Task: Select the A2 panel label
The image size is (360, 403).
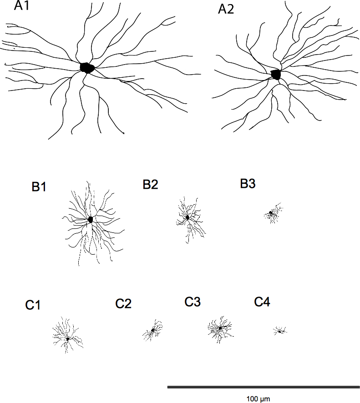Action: click(x=226, y=10)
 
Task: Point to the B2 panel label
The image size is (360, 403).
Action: click(x=150, y=184)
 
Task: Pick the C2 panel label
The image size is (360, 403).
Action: click(x=123, y=303)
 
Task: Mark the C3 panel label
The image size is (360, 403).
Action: click(x=193, y=302)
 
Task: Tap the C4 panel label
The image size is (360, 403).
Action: click(x=262, y=302)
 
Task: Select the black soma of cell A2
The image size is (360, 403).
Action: click(x=276, y=74)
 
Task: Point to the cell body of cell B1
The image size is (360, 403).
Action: click(x=91, y=219)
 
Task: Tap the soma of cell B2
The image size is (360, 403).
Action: click(x=188, y=217)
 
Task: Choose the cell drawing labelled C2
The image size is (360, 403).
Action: click(x=153, y=331)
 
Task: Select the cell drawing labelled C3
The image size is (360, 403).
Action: click(x=220, y=328)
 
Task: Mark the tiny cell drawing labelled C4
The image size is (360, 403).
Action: click(x=279, y=331)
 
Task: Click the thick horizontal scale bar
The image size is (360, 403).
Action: click(x=264, y=387)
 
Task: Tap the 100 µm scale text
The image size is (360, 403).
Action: click(x=258, y=398)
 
